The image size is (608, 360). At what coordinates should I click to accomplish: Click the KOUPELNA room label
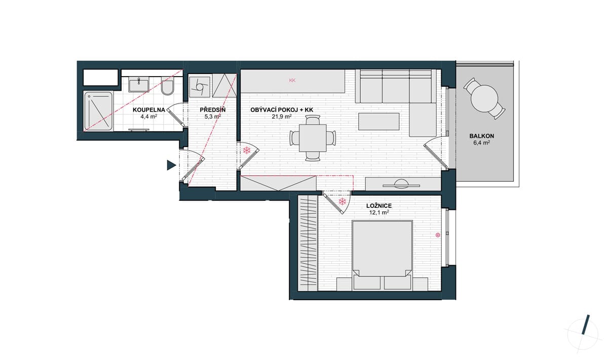point(149,110)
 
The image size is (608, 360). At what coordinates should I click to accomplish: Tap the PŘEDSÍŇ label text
point(212,110)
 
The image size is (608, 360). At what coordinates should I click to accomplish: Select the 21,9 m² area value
point(282,117)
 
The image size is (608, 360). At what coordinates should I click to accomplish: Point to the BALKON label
point(482,136)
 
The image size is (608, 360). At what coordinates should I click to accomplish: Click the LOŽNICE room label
point(379,206)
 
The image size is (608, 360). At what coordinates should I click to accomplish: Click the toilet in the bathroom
point(167,86)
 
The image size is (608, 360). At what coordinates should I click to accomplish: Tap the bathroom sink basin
point(139,84)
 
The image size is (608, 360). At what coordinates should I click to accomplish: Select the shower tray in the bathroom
point(98,111)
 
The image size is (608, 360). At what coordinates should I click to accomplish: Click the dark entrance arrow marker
point(171,165)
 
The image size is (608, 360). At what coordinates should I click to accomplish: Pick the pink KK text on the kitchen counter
point(292,81)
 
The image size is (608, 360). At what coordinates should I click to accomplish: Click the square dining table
point(313,138)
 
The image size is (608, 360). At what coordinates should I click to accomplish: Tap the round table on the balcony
point(484,99)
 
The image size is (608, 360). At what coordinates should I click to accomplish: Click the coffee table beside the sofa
point(378,122)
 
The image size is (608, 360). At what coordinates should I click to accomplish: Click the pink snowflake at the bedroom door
point(343,202)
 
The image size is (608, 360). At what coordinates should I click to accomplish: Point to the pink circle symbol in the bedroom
point(438,235)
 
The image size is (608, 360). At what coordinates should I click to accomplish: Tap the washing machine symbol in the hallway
point(200,87)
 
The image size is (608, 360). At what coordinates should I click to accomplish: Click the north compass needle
point(584,328)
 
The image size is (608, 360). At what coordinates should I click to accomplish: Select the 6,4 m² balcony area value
point(482,142)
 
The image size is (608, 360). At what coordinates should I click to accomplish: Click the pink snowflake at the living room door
point(246,150)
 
